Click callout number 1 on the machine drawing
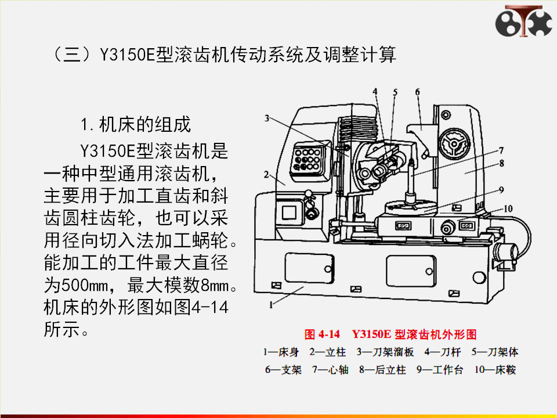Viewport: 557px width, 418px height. point(272,304)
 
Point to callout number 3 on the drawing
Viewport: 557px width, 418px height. point(266,119)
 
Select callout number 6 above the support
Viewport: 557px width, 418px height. point(418,91)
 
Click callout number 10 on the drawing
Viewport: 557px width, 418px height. point(508,208)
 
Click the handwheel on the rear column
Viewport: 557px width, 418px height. point(453,143)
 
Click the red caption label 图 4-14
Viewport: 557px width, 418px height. point(322,335)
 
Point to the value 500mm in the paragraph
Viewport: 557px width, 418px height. point(87,286)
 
